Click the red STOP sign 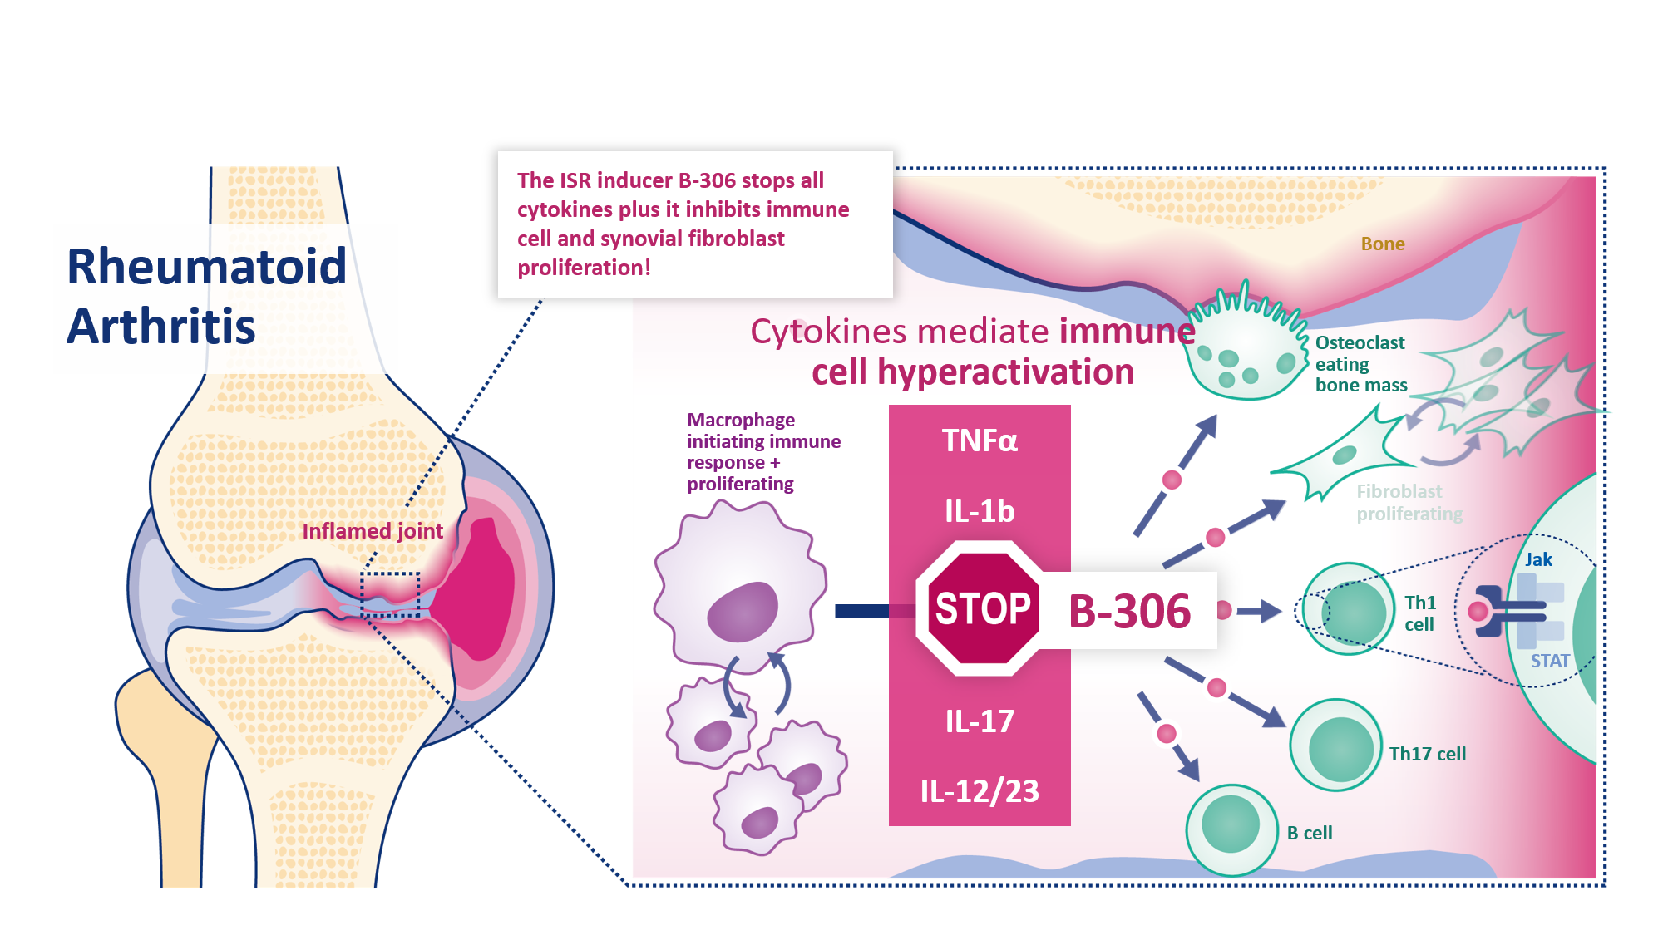coord(982,608)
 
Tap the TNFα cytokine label coord(980,440)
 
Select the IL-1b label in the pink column coord(980,511)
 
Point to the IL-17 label coord(980,721)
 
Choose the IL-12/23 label coord(980,791)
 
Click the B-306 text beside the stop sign coord(1129,612)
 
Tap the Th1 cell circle coord(1349,611)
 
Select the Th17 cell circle coord(1336,746)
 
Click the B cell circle coord(1231,829)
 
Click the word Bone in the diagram coord(1383,244)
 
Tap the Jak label coord(1538,560)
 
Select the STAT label coord(1550,662)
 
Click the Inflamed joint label coord(373,531)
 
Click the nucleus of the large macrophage coord(742,613)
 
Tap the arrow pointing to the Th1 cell coord(1259,612)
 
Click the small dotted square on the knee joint coord(390,593)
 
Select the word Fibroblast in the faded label coord(1399,492)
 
